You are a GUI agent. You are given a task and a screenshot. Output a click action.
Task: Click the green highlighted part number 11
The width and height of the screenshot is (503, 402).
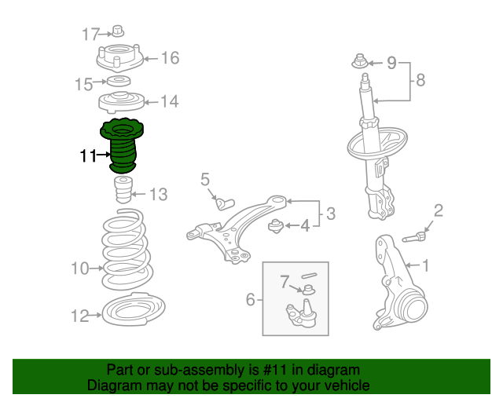pyautogui.click(x=120, y=146)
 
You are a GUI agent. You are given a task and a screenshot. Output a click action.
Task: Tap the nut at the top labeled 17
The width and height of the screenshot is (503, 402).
pyautogui.click(x=118, y=31)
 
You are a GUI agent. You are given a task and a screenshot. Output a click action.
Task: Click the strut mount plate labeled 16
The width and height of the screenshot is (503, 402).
pyautogui.click(x=118, y=59)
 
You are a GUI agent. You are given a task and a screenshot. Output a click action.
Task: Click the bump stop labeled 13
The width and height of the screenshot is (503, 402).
pyautogui.click(x=123, y=191)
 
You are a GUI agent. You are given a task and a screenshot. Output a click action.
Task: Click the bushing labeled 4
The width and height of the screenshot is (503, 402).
pyautogui.click(x=277, y=227)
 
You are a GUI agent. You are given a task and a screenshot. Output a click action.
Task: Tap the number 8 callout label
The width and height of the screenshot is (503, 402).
pyautogui.click(x=420, y=79)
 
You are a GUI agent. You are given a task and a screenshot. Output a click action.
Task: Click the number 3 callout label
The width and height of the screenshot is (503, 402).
pyautogui.click(x=330, y=213)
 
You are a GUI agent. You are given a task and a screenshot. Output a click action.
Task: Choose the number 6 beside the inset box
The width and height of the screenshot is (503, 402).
pyautogui.click(x=251, y=299)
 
